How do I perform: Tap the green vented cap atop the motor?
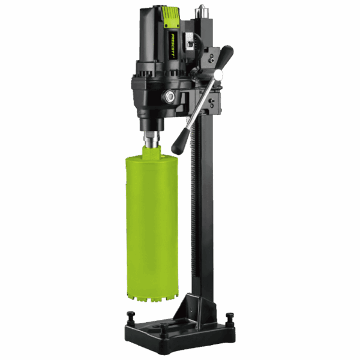pyautogui.click(x=170, y=17)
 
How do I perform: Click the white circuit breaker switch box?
pyautogui.click(x=190, y=43)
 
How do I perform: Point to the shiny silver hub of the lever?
pyautogui.click(x=218, y=74)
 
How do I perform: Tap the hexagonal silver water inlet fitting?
pyautogui.click(x=170, y=97)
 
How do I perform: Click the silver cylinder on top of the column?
pyautogui.click(x=202, y=11)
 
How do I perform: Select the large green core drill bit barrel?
pyautogui.click(x=152, y=226)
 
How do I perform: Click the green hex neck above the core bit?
pyautogui.click(x=151, y=152)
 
